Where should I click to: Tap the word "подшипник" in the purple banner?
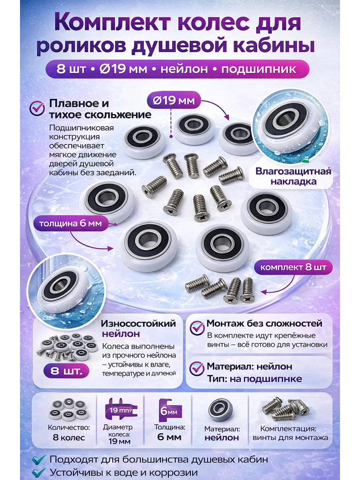259,70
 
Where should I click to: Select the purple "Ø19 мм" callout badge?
174,100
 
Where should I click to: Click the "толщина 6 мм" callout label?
71,224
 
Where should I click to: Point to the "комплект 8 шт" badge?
293,267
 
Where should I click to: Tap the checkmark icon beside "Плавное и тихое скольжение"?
37,108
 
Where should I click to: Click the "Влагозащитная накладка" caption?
293,176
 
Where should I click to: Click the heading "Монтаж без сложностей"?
264,324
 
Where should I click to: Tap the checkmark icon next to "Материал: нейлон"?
197,368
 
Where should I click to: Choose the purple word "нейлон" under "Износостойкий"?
121,334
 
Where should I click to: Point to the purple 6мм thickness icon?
170,410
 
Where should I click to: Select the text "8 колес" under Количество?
69,438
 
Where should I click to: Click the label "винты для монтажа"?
290,438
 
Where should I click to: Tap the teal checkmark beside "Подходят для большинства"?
39,459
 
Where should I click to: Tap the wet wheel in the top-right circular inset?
288,127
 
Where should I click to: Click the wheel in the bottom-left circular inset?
63,290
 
